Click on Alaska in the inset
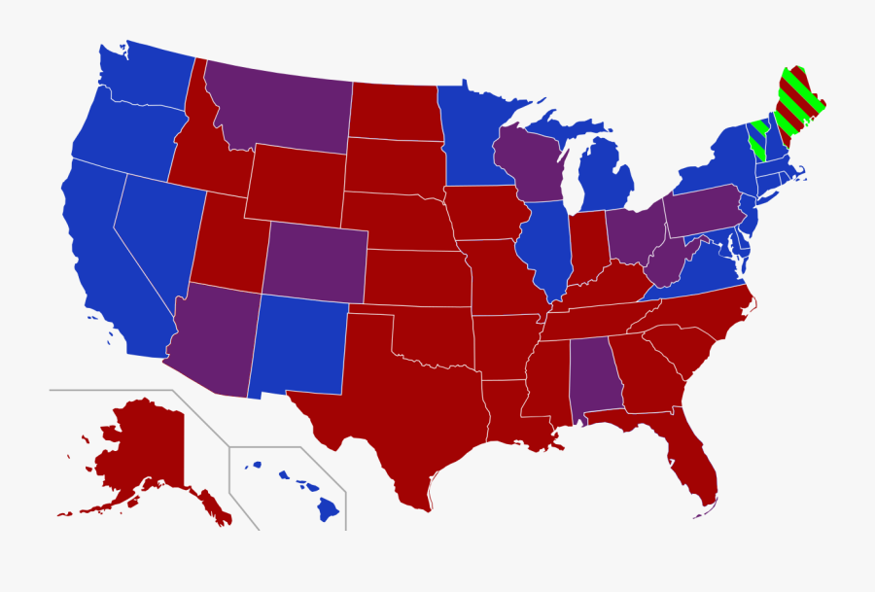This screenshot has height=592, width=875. click(146, 447)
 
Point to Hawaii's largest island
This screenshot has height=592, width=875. click(328, 506)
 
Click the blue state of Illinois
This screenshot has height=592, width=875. click(545, 248)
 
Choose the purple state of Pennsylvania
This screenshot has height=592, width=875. click(705, 209)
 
